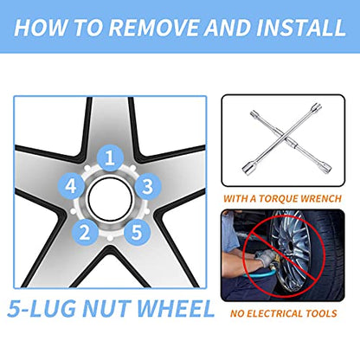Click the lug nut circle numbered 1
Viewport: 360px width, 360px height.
tap(110, 158)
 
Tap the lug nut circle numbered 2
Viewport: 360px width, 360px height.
tap(85, 232)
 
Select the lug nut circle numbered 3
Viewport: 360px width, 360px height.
tap(147, 187)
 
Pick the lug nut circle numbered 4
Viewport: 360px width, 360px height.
tap(71, 186)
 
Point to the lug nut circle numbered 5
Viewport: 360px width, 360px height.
tap(137, 232)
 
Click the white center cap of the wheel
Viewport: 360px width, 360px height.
tap(110, 199)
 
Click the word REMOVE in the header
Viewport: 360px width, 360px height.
tap(154, 28)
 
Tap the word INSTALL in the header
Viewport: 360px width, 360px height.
tap(301, 28)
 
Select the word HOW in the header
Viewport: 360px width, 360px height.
tap(41, 28)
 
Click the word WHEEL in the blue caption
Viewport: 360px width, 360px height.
tap(175, 309)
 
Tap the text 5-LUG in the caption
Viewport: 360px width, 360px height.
tap(41, 309)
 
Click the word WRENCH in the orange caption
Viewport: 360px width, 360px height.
tap(321, 199)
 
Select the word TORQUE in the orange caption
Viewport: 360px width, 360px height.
tap(278, 199)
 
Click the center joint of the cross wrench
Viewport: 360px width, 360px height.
tap(283, 138)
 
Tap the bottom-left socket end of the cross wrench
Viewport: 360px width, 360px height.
tap(247, 168)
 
